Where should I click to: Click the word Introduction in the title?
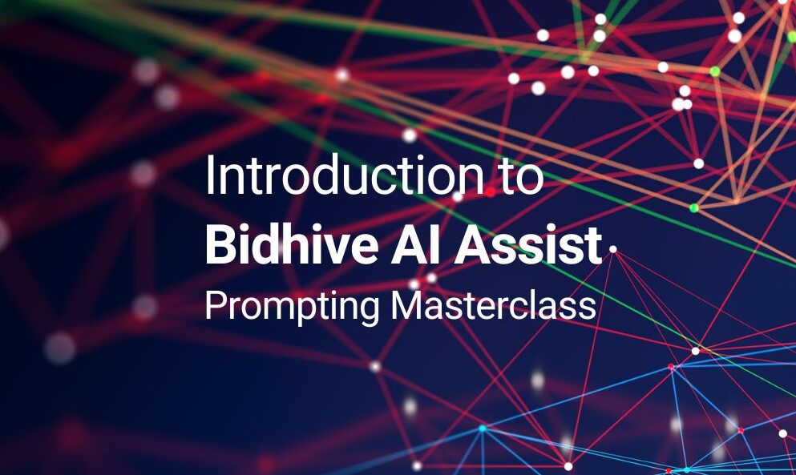tap(345, 175)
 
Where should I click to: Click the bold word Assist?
tap(527, 246)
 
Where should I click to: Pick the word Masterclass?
tap(494, 305)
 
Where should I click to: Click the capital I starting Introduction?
tap(208, 175)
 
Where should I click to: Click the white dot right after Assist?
tap(612, 249)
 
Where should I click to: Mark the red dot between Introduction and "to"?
tap(490, 191)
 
